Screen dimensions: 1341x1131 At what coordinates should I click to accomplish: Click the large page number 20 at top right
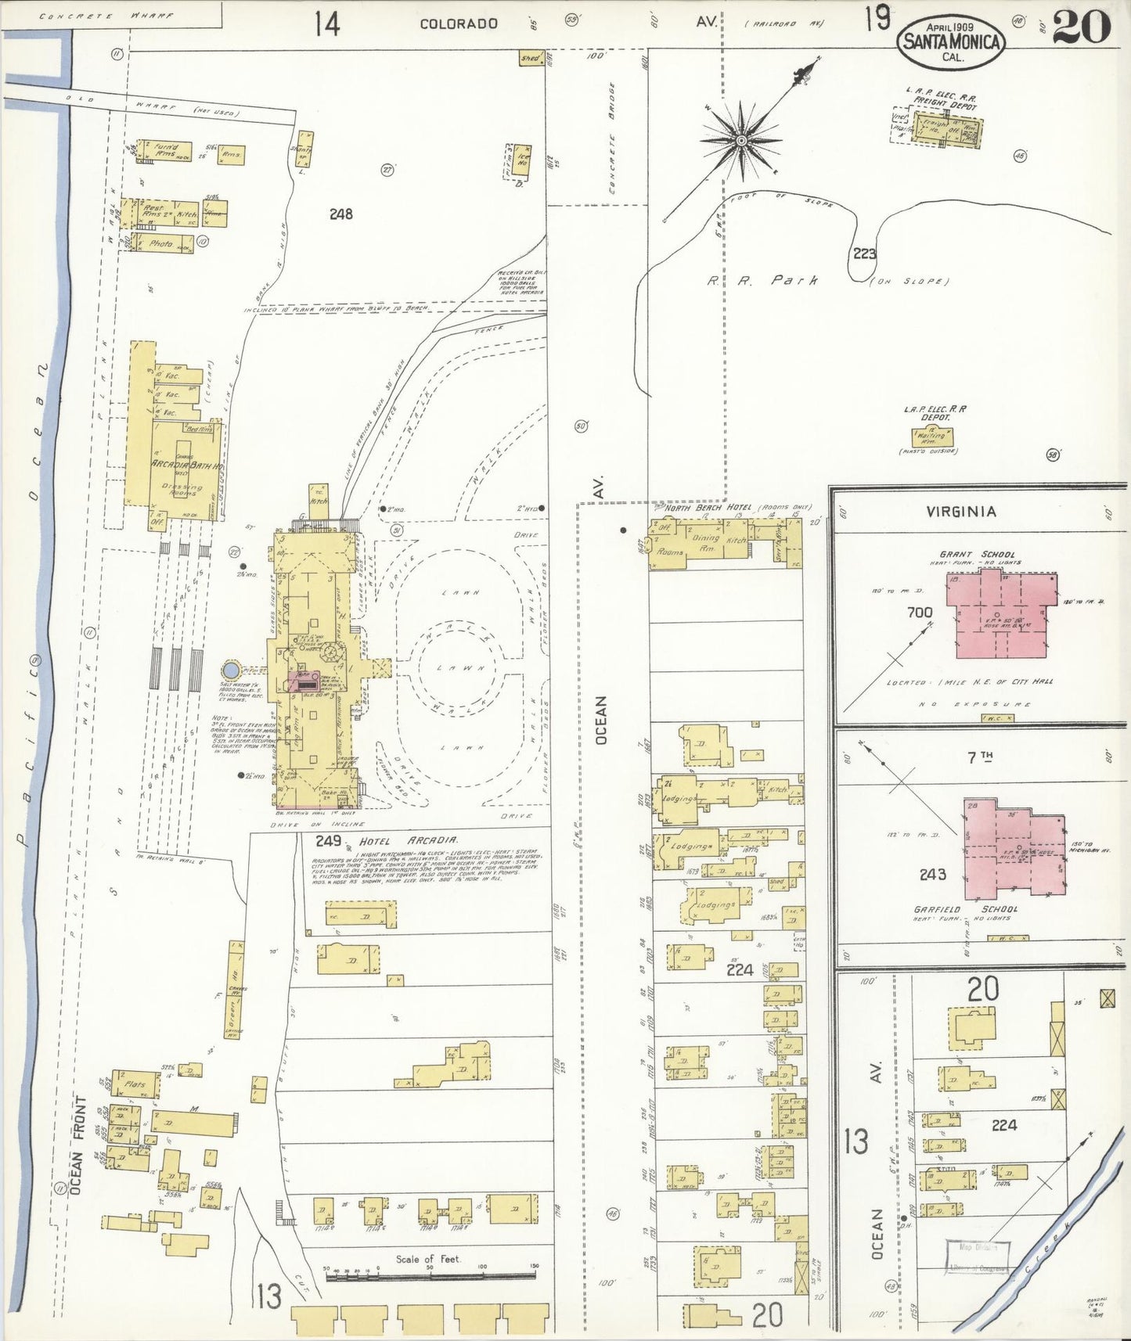(1081, 27)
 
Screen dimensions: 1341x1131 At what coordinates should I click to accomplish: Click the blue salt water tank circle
(230, 670)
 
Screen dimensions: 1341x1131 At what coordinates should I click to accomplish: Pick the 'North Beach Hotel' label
(709, 508)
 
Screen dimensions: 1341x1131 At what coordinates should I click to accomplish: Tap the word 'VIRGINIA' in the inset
(960, 512)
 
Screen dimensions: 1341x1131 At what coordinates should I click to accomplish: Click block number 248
(341, 214)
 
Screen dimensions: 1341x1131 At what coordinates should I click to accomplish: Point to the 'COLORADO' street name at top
(459, 23)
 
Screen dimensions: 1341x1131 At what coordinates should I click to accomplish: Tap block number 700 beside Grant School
(920, 613)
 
